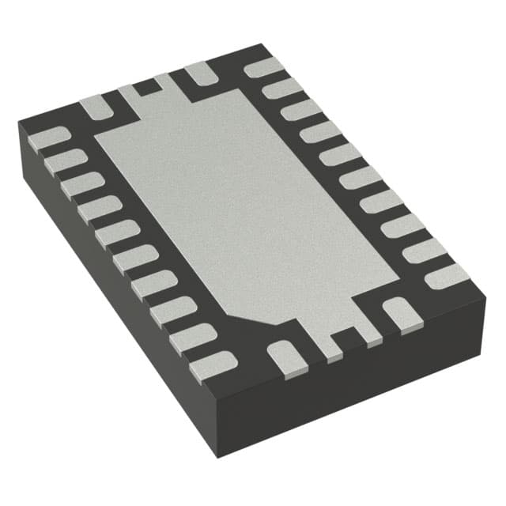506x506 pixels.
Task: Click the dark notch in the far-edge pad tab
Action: [144, 88]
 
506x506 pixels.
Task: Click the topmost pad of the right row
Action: [264, 67]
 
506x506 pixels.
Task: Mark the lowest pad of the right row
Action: [447, 275]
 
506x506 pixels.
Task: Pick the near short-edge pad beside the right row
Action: [398, 313]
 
